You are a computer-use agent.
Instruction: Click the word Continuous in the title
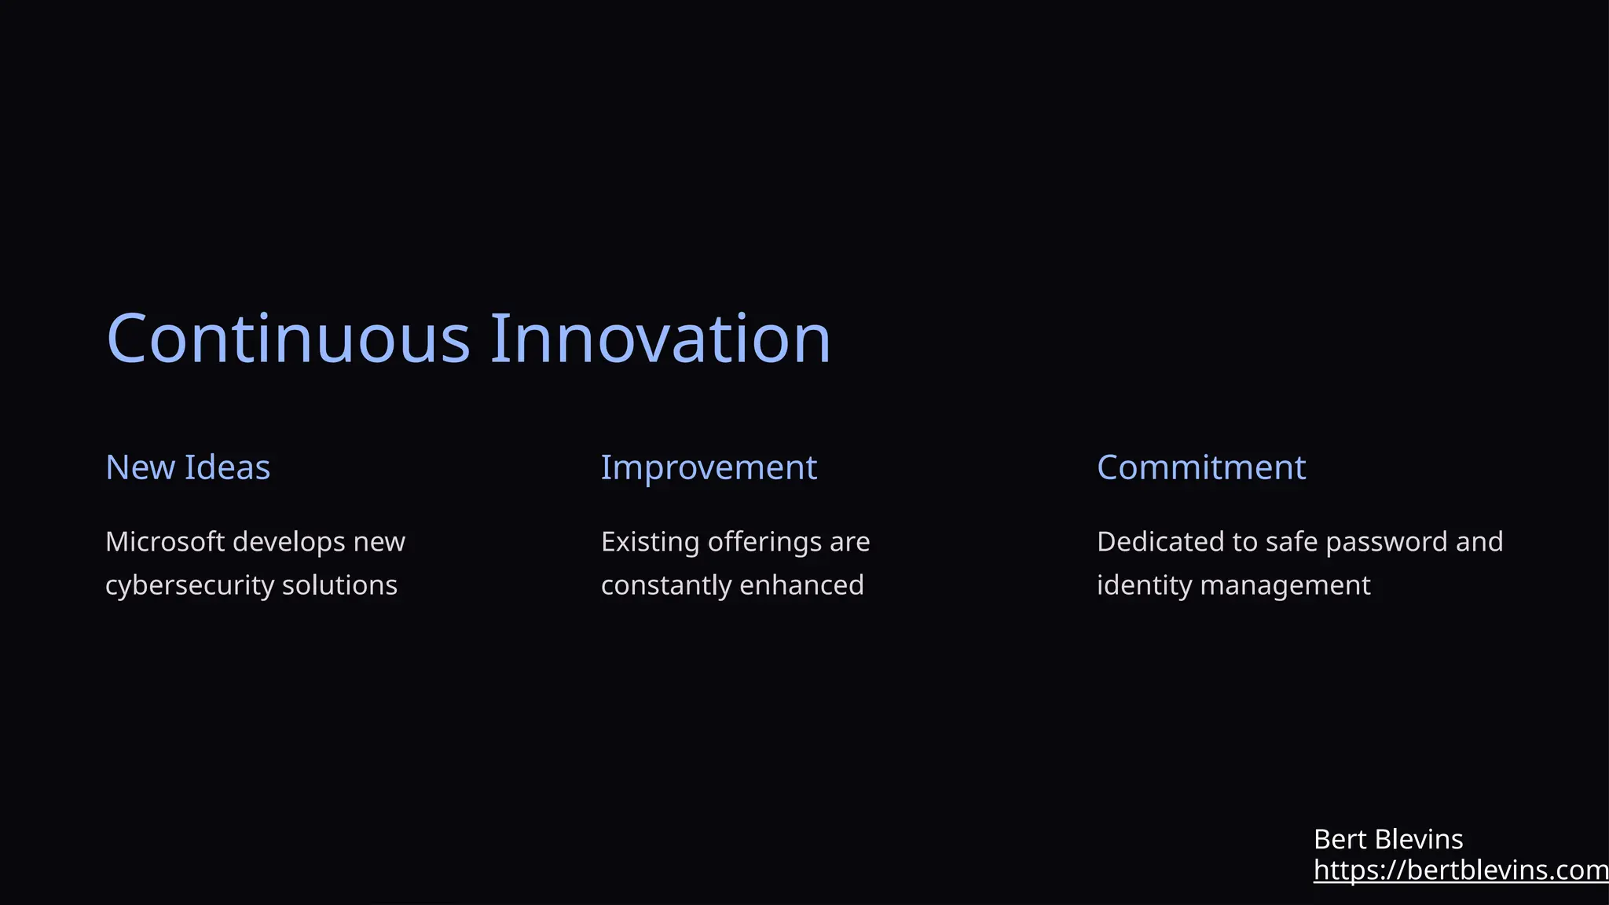click(x=288, y=339)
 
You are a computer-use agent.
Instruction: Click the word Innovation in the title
click(x=660, y=339)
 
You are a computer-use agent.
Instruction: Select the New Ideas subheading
click(x=188, y=467)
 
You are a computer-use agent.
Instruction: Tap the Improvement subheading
click(x=709, y=468)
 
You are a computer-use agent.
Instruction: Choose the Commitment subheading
click(x=1200, y=467)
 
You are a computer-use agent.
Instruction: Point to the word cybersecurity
click(x=189, y=586)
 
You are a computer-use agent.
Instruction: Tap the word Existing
click(x=650, y=542)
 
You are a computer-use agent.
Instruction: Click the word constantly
click(x=666, y=586)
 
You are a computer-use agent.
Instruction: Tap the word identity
click(x=1144, y=586)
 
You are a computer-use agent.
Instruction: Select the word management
click(x=1285, y=586)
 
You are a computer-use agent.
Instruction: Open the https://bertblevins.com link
click(x=1460, y=870)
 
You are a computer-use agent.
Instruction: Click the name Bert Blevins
click(x=1387, y=840)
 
